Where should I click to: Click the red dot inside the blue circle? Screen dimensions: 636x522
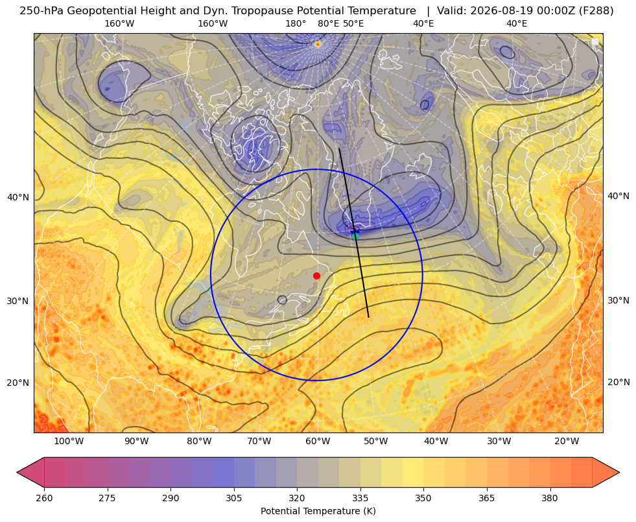point(317,276)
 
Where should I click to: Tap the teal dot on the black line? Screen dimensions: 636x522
point(355,236)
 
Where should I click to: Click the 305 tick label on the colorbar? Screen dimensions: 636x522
point(233,498)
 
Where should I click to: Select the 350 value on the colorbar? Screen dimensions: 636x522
point(423,498)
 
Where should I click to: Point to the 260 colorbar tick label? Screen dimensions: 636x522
point(44,498)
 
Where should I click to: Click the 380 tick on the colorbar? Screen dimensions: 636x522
point(550,498)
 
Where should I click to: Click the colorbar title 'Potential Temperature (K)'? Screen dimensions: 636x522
point(318,511)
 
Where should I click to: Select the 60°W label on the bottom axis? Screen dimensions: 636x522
point(318,442)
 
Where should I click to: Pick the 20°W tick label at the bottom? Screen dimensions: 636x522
point(567,442)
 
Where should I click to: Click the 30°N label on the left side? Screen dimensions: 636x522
point(18,301)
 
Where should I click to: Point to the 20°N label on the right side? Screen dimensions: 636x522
point(618,382)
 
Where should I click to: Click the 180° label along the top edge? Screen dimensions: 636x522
point(296,23)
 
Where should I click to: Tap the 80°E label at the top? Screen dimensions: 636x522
point(329,23)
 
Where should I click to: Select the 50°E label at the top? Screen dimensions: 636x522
point(353,23)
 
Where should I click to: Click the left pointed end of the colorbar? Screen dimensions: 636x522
point(18,472)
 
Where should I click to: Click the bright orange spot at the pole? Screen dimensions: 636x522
point(318,44)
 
